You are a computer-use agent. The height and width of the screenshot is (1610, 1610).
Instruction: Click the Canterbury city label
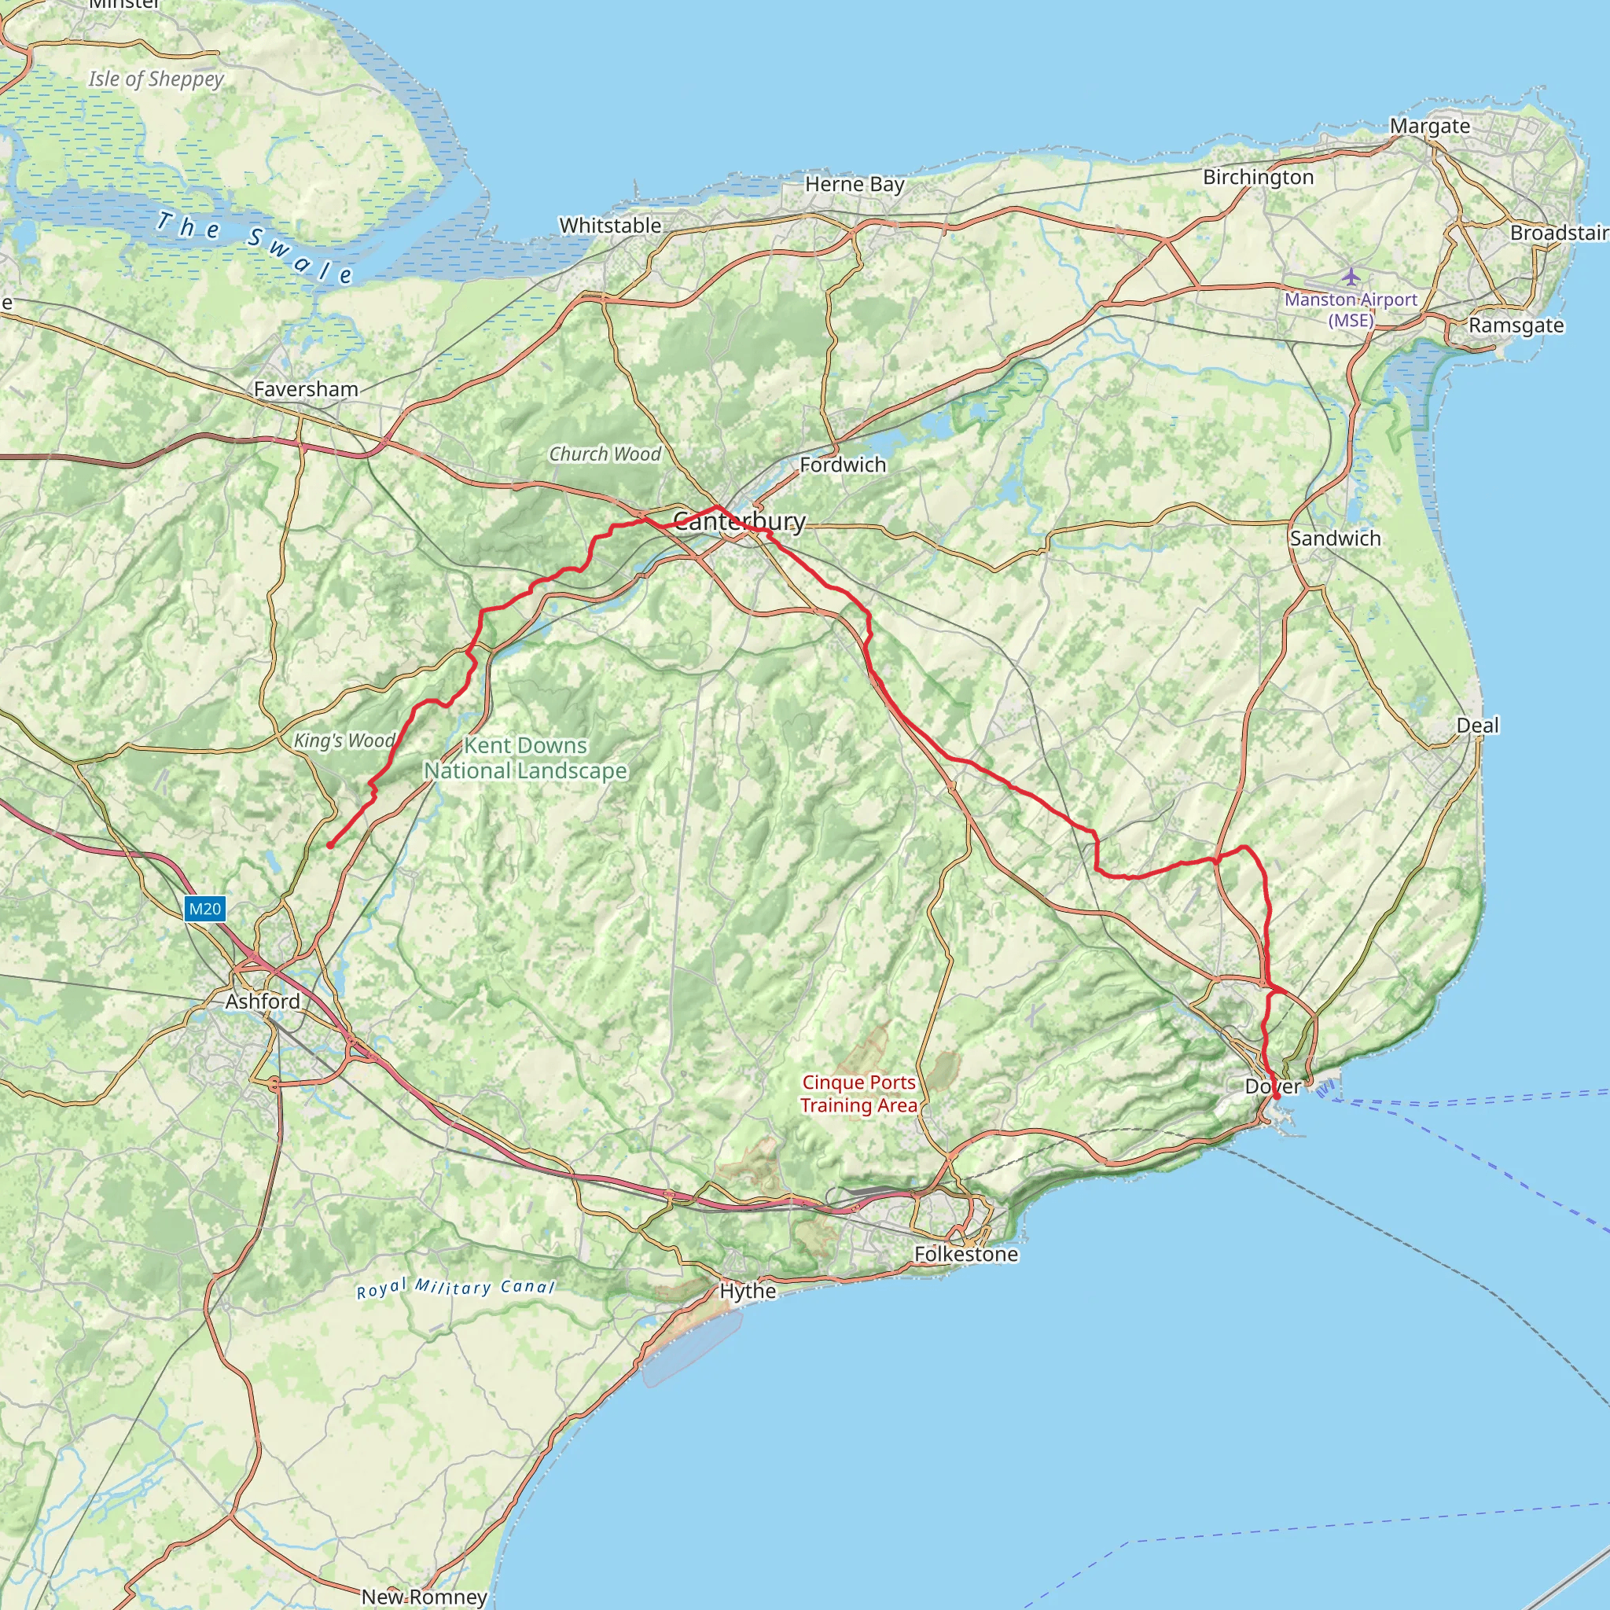pos(739,522)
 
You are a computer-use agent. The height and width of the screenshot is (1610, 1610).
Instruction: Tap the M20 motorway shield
pos(204,908)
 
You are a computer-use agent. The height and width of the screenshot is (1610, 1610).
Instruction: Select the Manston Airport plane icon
pos(1351,276)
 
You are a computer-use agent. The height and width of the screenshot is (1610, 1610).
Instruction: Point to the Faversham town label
pos(306,389)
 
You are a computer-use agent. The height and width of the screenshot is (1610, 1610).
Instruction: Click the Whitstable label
pos(610,226)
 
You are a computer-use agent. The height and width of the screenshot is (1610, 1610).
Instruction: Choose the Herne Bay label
pos(855,184)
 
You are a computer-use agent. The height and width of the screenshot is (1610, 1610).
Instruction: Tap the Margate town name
pos(1430,127)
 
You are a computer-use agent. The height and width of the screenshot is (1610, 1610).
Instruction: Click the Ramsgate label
pos(1516,325)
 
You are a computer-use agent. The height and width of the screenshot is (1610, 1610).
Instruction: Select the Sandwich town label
pos(1335,539)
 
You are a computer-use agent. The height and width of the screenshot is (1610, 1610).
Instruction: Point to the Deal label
pos(1477,725)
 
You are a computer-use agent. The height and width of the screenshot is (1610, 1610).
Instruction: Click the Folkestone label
pos(966,1254)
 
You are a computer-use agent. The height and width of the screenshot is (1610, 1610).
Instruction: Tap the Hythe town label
pos(748,1291)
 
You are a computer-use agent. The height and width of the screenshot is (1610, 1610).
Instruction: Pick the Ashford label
pos(263,1001)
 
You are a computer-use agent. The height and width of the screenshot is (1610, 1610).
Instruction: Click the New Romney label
pos(425,1597)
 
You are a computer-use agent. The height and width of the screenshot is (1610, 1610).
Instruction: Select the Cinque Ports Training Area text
pos(858,1094)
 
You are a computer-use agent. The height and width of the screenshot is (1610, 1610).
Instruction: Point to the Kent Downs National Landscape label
pos(525,758)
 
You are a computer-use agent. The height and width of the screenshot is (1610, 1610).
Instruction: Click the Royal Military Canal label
pos(455,1288)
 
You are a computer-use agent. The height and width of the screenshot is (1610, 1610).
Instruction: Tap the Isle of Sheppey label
pos(156,79)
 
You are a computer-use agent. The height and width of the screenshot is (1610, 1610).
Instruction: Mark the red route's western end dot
pos(330,845)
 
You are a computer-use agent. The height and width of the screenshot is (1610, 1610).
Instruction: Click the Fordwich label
pos(843,465)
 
